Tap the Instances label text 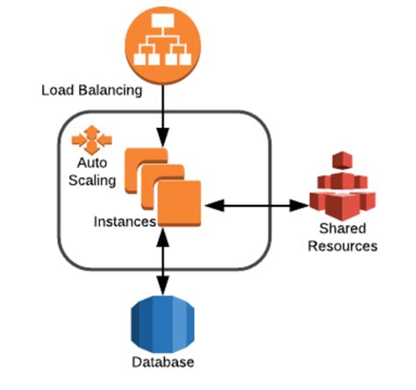pos(124,221)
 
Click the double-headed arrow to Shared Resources pos(255,205)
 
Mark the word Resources pos(341,246)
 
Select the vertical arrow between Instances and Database pos(163,259)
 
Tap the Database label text pos(163,362)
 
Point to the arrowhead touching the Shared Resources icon pos(300,205)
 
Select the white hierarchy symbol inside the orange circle pos(163,39)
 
